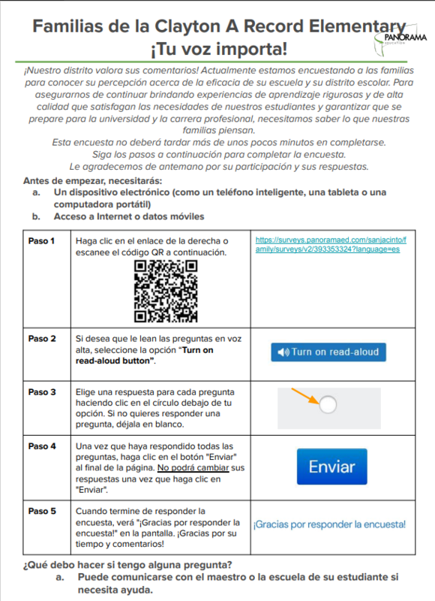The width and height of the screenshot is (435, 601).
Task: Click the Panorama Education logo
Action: [403, 37]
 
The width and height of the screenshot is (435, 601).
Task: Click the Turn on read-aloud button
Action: [328, 352]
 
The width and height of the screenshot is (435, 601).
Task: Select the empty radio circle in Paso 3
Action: [328, 406]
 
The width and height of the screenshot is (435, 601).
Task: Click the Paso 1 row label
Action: [42, 241]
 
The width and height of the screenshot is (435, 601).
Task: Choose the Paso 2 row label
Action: [42, 339]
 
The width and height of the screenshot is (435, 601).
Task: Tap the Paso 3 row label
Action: [42, 392]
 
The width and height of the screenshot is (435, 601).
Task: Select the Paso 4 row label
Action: [42, 446]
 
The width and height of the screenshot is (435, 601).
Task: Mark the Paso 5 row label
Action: [42, 511]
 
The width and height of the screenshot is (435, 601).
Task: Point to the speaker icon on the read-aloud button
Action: [283, 352]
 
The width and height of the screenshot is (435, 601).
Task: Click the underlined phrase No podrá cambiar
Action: [190, 468]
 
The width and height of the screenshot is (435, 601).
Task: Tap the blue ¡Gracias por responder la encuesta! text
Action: [329, 524]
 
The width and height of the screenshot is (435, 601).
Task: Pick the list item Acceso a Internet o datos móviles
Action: [128, 216]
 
